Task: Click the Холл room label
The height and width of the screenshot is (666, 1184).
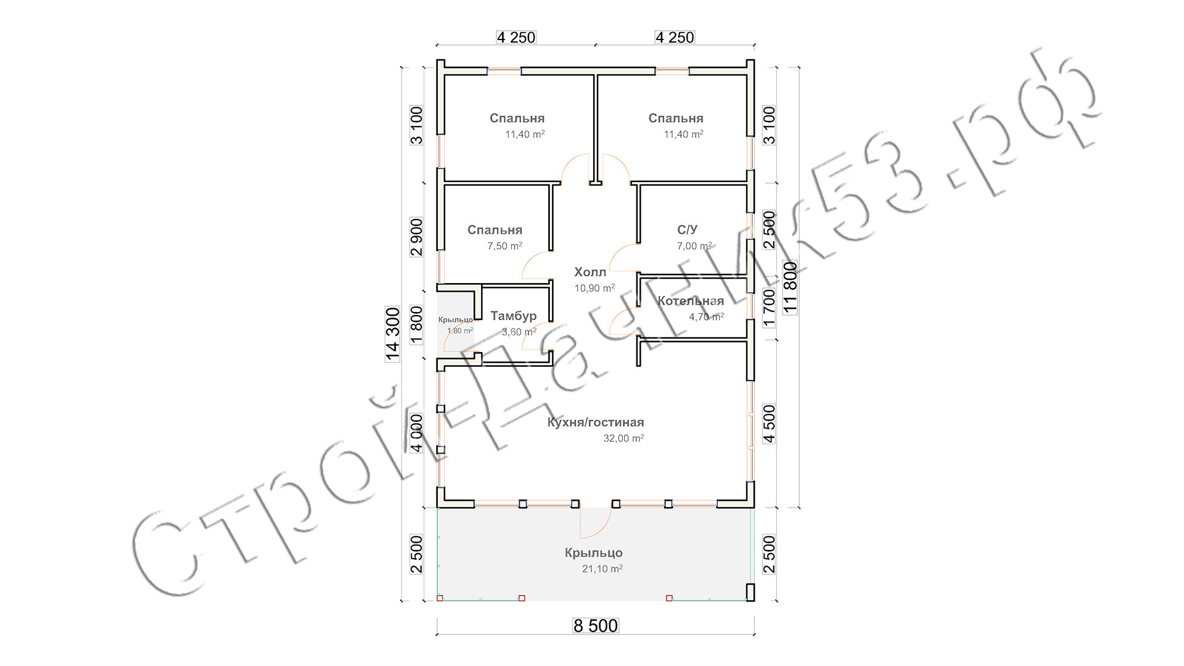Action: [590, 272]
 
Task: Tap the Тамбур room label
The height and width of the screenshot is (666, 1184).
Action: [514, 316]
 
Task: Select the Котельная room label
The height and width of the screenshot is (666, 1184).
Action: [691, 301]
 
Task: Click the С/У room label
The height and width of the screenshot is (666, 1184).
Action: [687, 230]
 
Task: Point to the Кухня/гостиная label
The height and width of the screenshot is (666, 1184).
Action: [596, 422]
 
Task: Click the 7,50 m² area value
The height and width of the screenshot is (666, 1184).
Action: [505, 245]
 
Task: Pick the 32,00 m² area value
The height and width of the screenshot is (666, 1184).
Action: [624, 438]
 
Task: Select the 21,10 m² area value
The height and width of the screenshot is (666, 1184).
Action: [602, 569]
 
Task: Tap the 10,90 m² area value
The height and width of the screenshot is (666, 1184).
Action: [594, 288]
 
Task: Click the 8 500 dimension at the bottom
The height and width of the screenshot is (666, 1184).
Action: [596, 626]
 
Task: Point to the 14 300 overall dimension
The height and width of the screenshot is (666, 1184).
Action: [393, 334]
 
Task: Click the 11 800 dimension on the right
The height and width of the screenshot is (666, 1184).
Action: [790, 288]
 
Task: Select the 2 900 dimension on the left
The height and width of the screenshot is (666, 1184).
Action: [417, 237]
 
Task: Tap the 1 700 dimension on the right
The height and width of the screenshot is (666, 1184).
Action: [769, 308]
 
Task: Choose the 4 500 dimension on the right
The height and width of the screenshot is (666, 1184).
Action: [769, 424]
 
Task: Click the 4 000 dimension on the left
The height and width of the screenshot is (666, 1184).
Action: [417, 433]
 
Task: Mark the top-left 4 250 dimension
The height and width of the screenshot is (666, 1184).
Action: [516, 38]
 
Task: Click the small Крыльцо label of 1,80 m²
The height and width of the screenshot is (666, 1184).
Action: [456, 319]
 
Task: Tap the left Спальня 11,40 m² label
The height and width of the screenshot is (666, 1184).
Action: [517, 118]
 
